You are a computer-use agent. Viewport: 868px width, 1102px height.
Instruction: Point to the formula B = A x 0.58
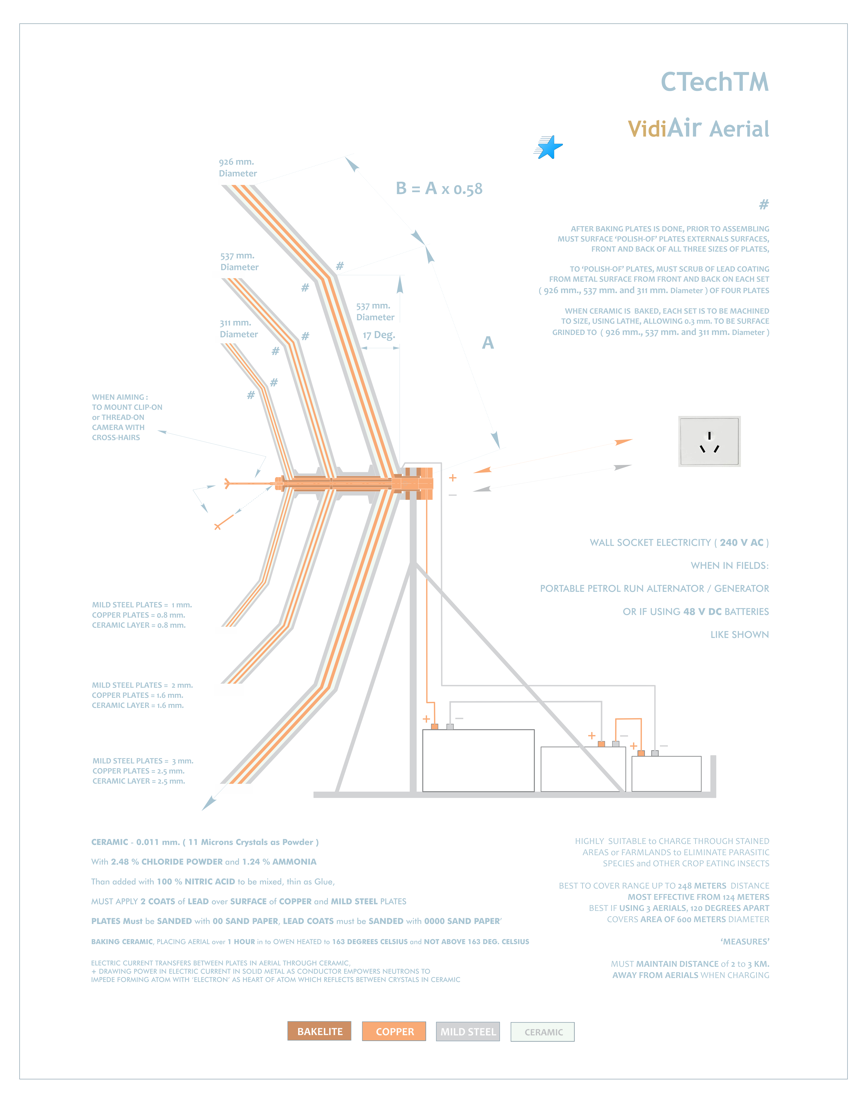[x=439, y=189]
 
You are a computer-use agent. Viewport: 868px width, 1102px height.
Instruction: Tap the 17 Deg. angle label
[x=379, y=335]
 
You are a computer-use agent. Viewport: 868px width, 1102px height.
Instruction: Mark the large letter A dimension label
[x=488, y=343]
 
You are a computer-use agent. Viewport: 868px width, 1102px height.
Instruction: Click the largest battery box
[x=478, y=760]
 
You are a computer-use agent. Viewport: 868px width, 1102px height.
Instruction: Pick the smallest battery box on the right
[x=666, y=774]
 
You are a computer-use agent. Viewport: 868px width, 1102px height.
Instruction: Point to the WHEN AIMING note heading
[x=120, y=397]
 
